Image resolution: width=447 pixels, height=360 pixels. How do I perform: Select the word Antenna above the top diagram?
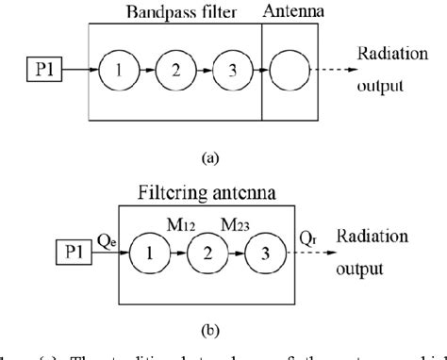coord(290,10)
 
